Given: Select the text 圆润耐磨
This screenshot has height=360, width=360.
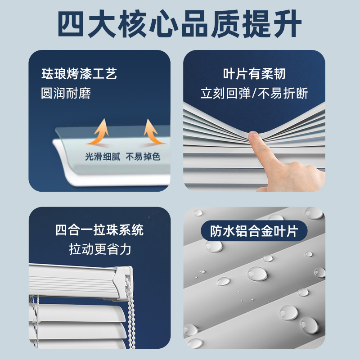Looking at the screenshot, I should [66, 93].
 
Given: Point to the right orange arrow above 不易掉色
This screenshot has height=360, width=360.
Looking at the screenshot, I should [151, 132].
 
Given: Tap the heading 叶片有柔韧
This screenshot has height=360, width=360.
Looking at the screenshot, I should [254, 74].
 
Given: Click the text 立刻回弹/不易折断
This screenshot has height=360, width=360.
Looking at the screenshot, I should [254, 93].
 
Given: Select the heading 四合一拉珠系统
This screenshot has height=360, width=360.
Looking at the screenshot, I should [99, 230].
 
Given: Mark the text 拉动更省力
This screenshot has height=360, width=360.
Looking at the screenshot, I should [100, 249].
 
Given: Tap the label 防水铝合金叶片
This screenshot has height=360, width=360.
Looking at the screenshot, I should [254, 231].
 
